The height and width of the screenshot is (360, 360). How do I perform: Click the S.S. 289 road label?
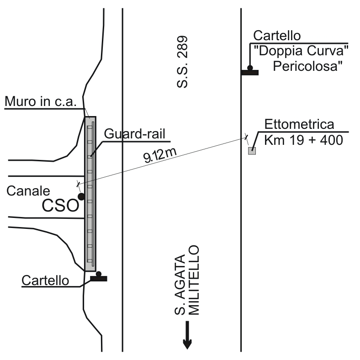click(x=183, y=62)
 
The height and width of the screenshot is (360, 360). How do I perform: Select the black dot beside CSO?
click(x=81, y=196)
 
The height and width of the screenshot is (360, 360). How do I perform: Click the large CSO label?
click(x=60, y=206)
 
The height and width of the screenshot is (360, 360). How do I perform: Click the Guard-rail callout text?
click(x=134, y=134)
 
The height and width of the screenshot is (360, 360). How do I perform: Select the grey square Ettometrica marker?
click(x=252, y=151)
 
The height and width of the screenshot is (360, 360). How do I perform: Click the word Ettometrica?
click(x=299, y=125)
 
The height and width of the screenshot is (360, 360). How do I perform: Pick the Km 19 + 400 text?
click(x=303, y=140)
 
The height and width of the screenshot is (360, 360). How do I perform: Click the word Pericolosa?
click(x=308, y=67)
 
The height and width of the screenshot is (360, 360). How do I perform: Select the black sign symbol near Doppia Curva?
click(x=250, y=71)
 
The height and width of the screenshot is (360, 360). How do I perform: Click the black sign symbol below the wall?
click(x=98, y=277)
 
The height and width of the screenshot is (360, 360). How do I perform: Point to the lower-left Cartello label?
click(x=45, y=281)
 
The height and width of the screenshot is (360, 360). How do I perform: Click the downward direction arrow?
click(x=187, y=336)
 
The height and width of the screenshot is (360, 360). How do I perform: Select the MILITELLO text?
click(x=195, y=280)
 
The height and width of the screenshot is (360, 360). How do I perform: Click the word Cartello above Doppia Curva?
click(x=277, y=35)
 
